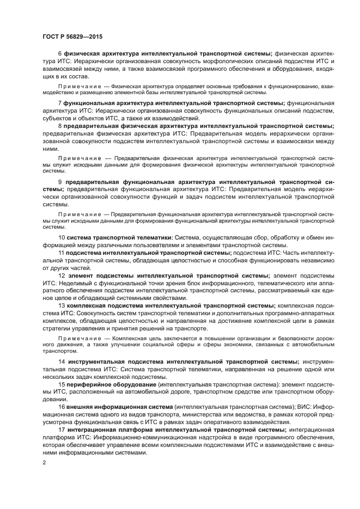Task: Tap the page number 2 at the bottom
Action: (x=44, y=463)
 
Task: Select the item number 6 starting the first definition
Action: (x=60, y=54)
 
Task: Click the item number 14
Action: (x=62, y=361)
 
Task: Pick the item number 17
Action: (x=62, y=430)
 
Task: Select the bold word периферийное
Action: (x=89, y=384)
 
